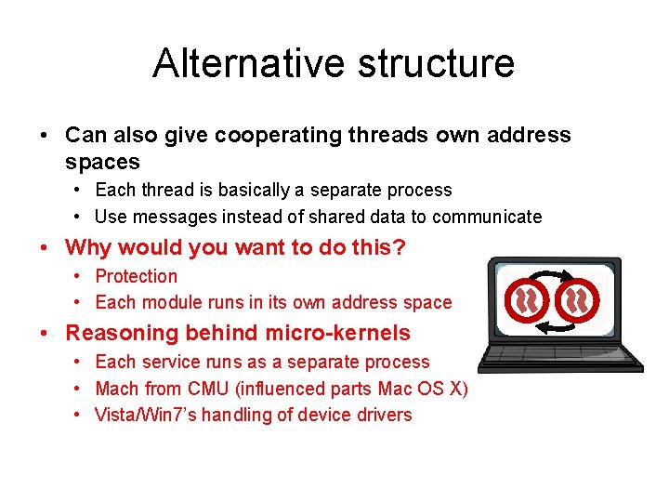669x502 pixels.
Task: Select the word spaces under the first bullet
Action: coord(102,162)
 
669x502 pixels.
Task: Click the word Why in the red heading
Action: coord(88,247)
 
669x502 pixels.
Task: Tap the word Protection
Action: coord(136,276)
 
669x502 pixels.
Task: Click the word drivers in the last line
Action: coord(383,415)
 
